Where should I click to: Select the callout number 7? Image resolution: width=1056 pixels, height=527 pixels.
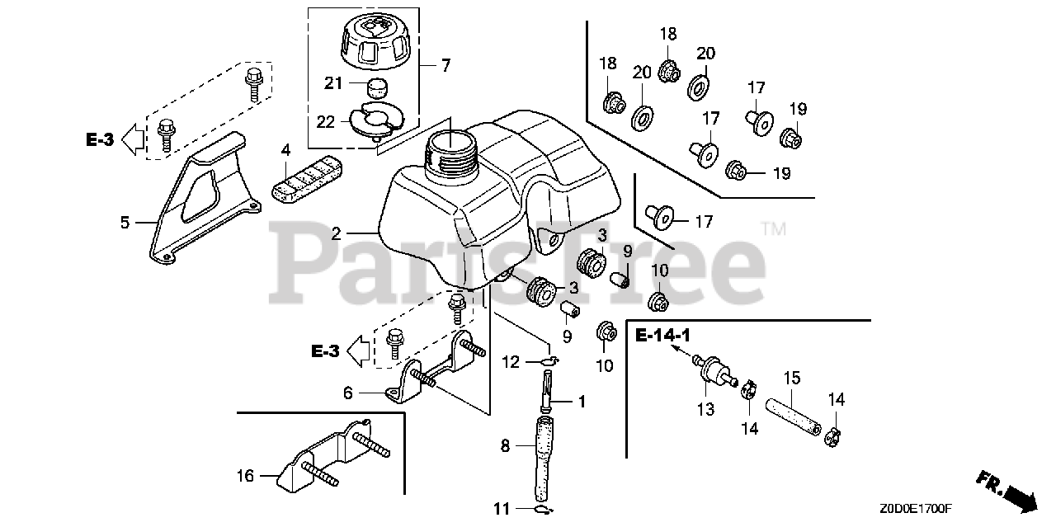(445, 66)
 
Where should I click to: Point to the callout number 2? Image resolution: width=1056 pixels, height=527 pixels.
(336, 234)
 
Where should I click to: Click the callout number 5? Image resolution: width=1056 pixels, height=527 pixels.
(125, 222)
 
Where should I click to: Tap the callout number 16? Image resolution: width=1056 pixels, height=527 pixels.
(245, 475)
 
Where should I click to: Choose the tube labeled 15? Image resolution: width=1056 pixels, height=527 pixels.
(791, 409)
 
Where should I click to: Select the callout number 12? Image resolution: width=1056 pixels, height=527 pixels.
(511, 360)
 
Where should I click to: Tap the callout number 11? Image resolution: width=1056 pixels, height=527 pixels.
(502, 509)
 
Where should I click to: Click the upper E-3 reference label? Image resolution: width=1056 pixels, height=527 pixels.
(99, 140)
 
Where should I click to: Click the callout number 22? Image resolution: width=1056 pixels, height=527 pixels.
(326, 121)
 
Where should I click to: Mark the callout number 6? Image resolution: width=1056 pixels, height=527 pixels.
(348, 393)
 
